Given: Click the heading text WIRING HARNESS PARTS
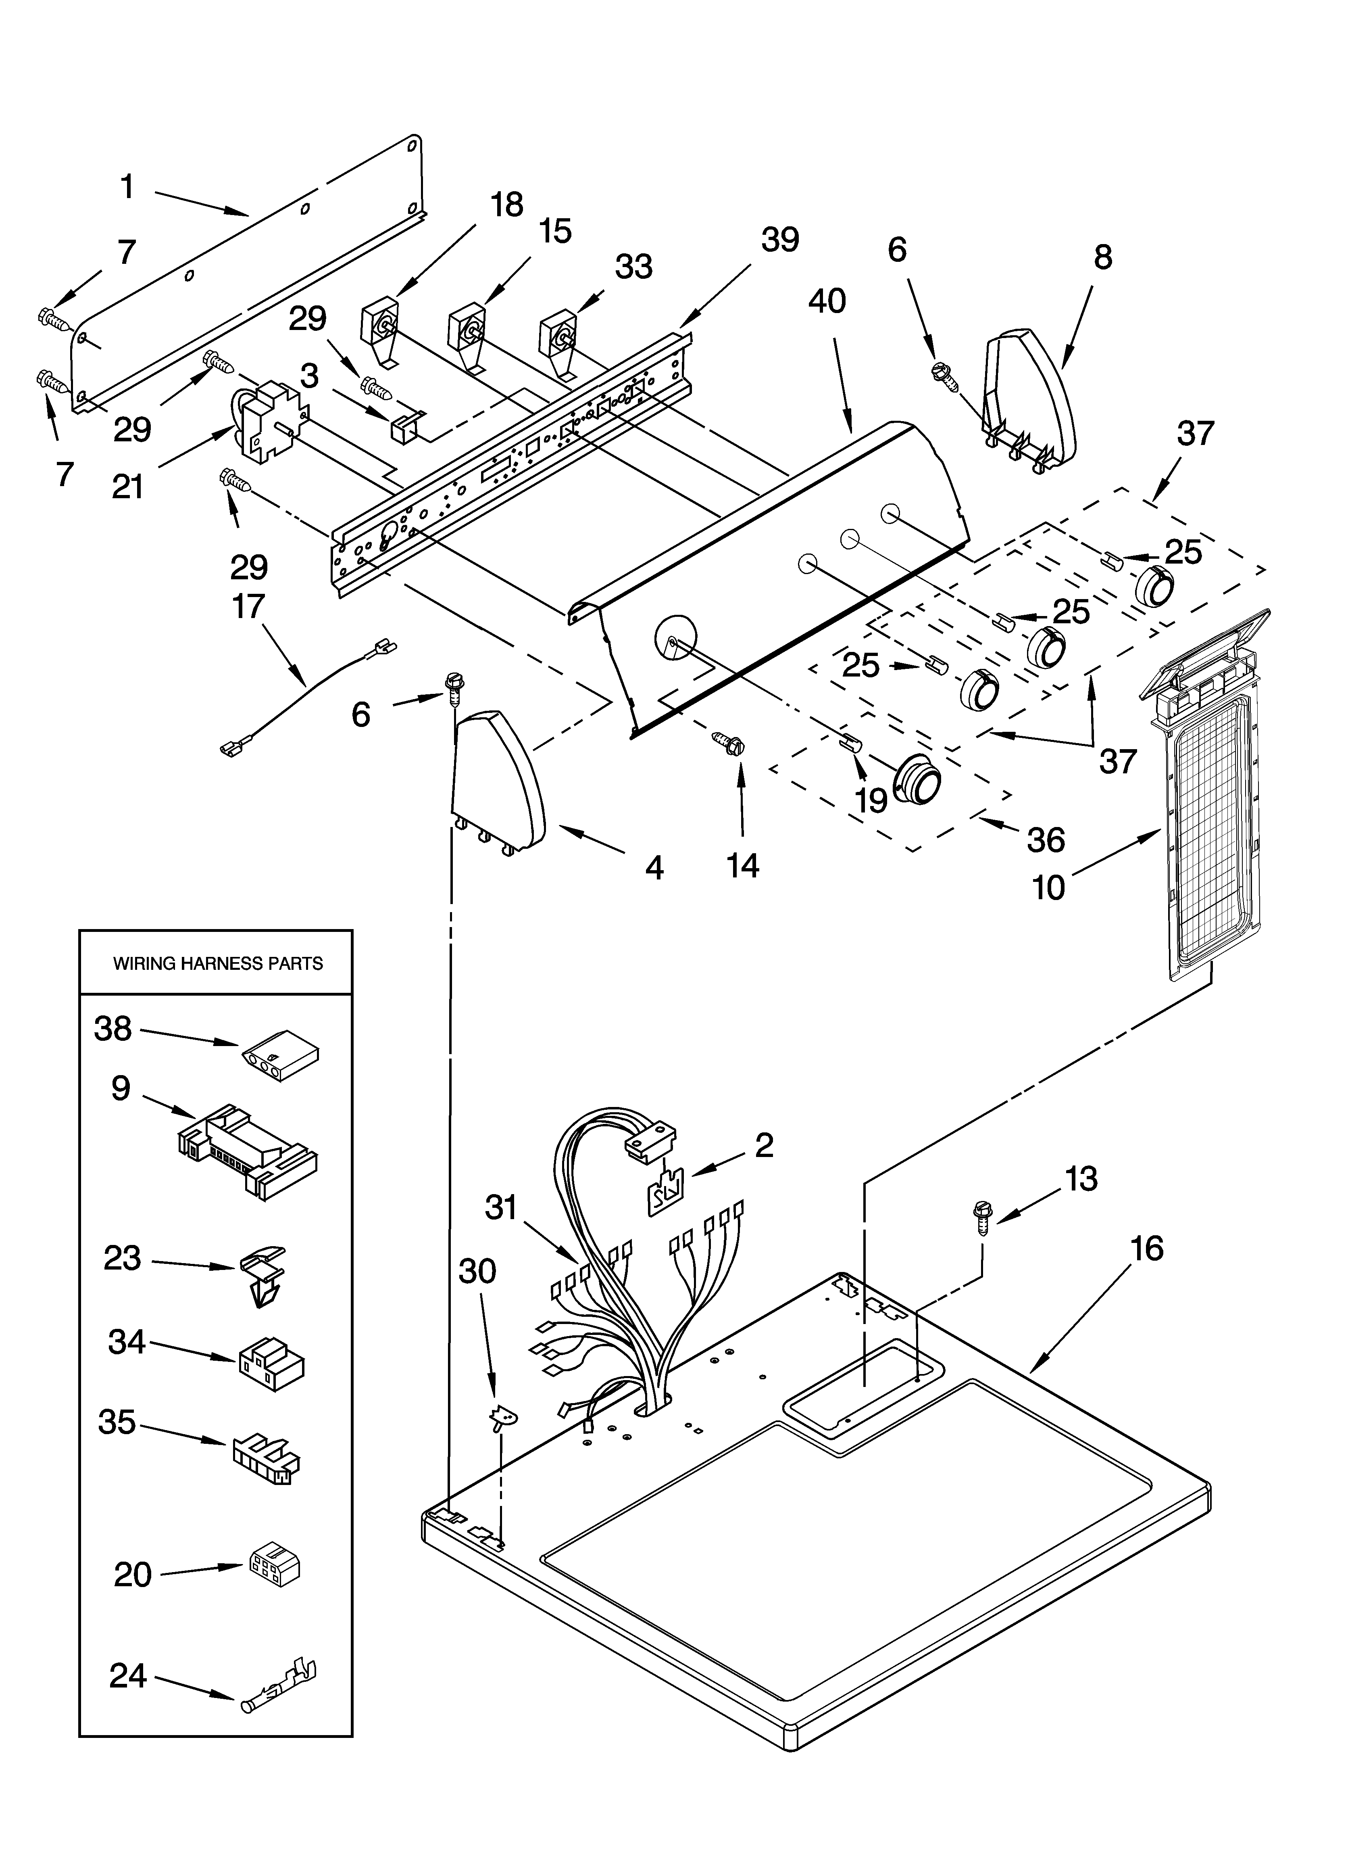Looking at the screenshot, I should click(218, 964).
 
